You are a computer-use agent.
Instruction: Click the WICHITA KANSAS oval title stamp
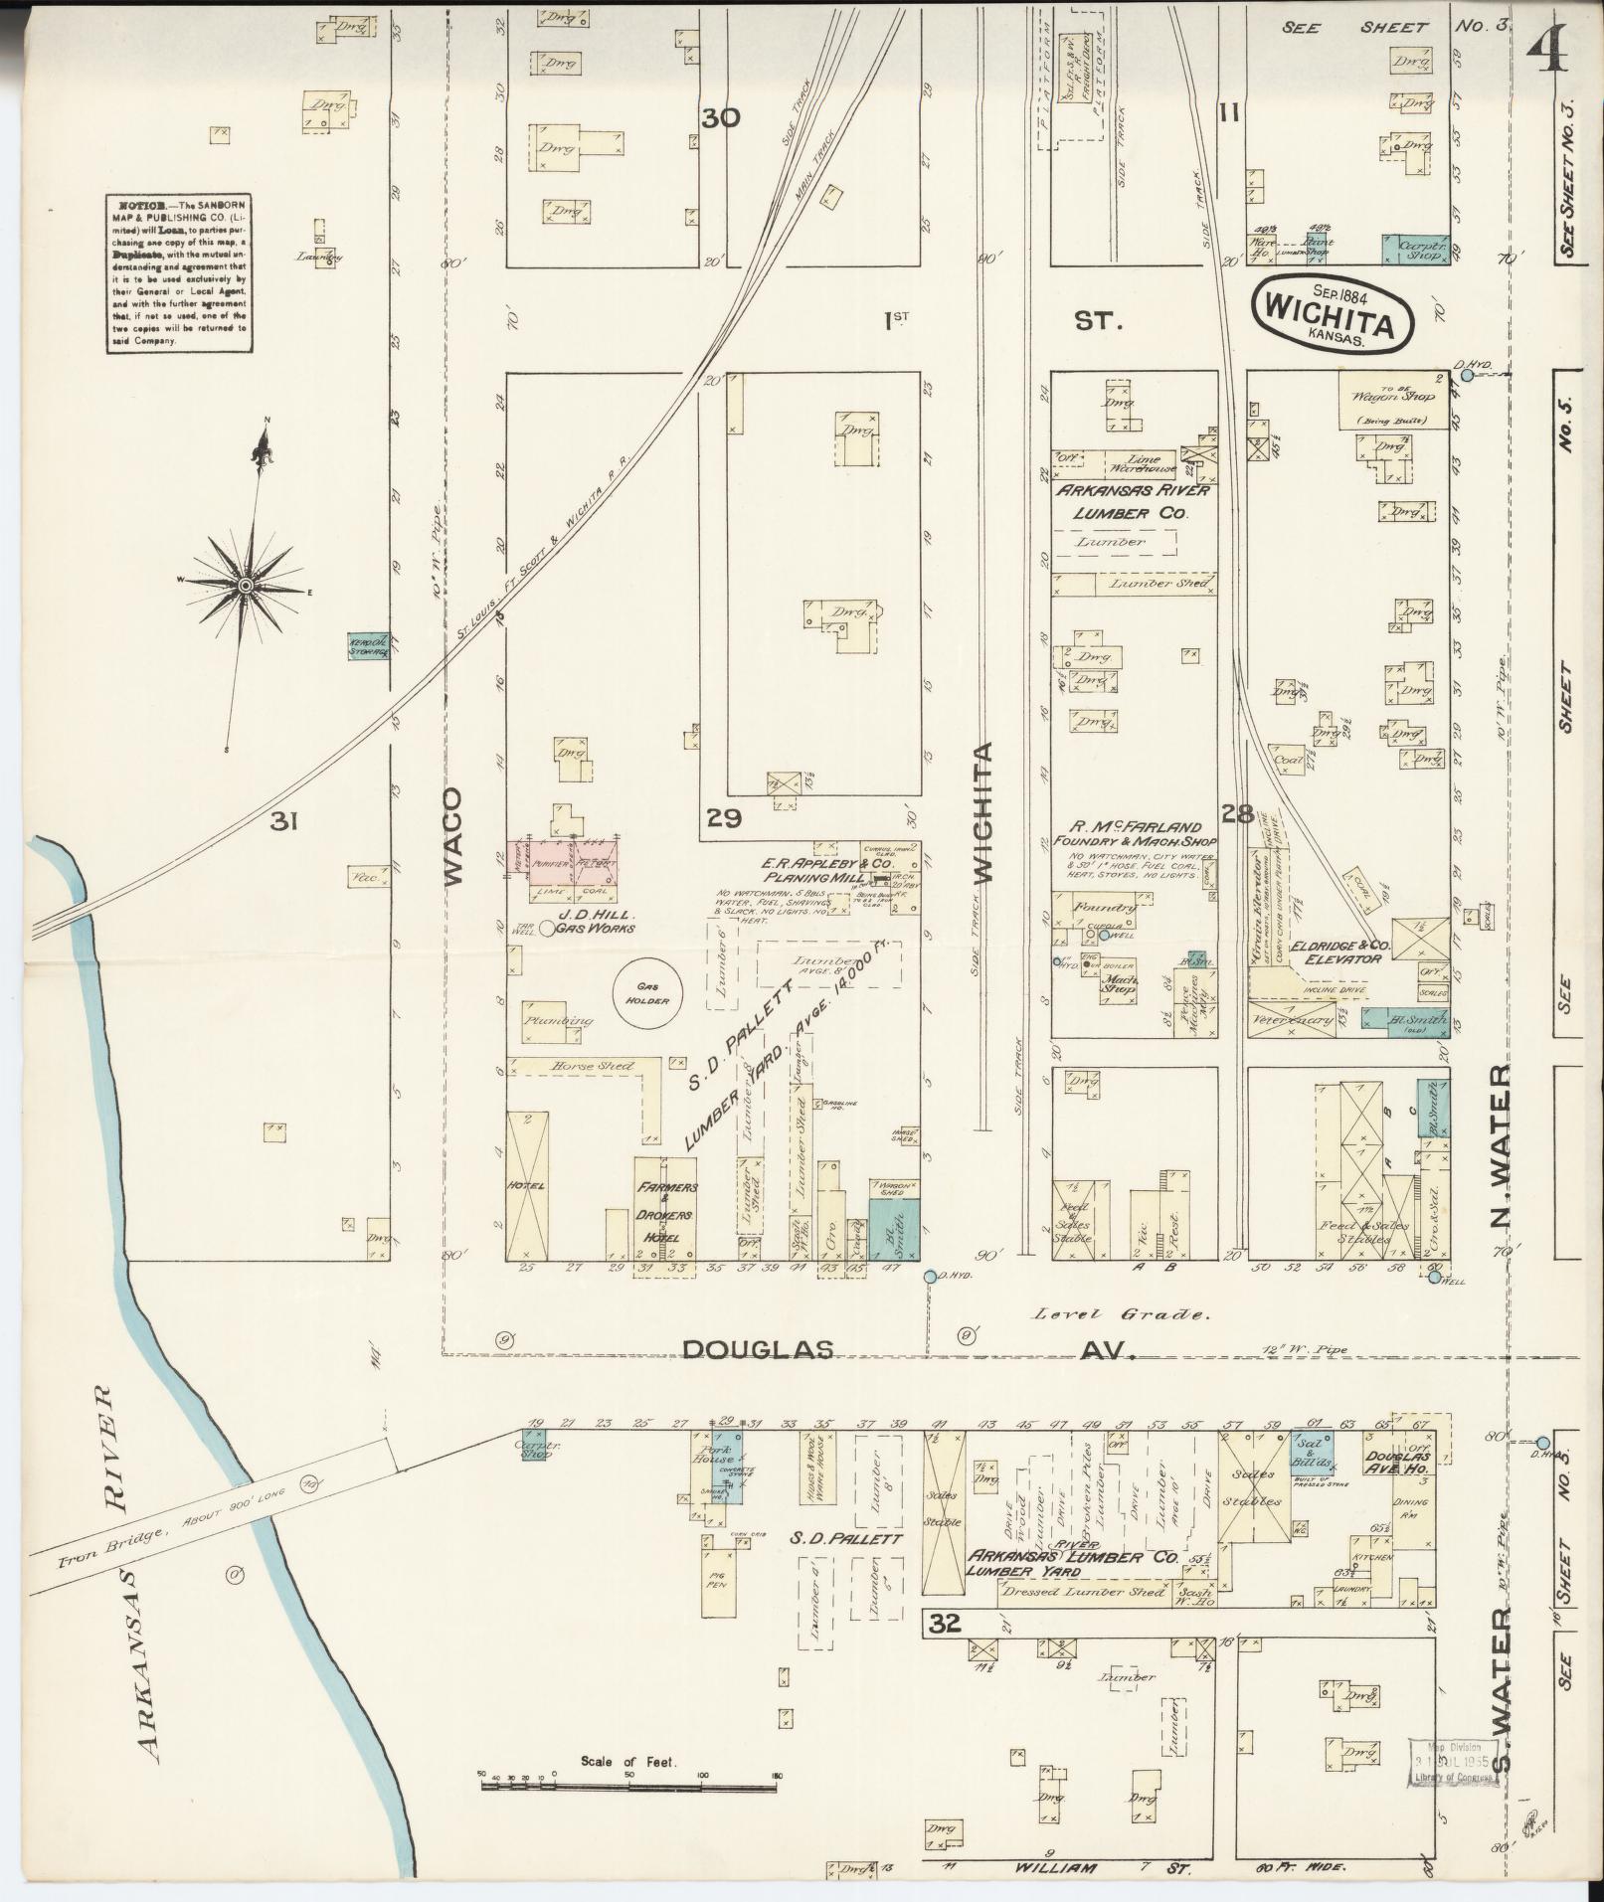point(1334,312)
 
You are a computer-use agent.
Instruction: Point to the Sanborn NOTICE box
point(179,272)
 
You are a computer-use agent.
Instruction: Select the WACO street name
point(452,836)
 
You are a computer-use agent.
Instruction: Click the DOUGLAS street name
point(757,1349)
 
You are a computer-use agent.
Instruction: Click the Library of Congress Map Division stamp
point(1454,1762)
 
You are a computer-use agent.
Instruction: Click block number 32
point(946,1624)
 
